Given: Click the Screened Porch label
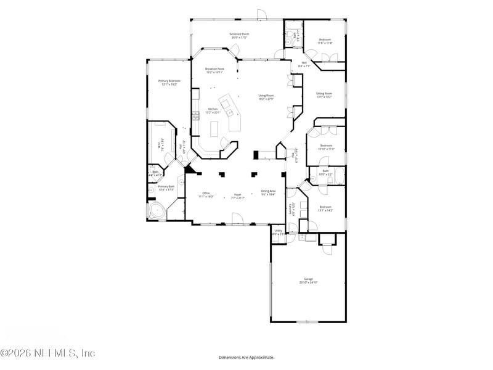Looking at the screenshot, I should (239, 36).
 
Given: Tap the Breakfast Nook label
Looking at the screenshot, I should (214, 70).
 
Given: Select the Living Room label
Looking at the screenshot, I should (266, 97).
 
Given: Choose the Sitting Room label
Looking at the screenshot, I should (324, 95).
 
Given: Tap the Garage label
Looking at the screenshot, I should (308, 281).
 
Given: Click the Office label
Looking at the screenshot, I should (206, 195).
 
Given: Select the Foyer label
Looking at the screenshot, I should (238, 196).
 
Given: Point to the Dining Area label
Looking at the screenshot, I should (268, 192).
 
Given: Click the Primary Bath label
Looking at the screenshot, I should (166, 187).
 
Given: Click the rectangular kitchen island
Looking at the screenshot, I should (215, 129).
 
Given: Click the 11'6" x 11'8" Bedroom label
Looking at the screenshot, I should (325, 41).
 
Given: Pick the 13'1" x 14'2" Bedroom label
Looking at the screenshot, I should (325, 208).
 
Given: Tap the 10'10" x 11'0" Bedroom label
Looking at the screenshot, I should (325, 147).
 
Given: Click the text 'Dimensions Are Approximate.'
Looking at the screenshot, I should (246, 357).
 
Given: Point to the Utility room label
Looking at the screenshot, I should (279, 232).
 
